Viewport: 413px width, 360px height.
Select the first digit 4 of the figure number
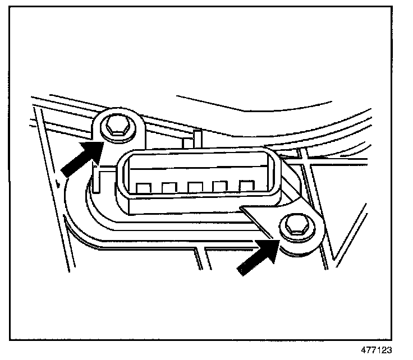point(377,349)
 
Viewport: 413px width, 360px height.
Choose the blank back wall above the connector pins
point(194,168)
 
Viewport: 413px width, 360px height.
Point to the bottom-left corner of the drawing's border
point(11,339)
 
